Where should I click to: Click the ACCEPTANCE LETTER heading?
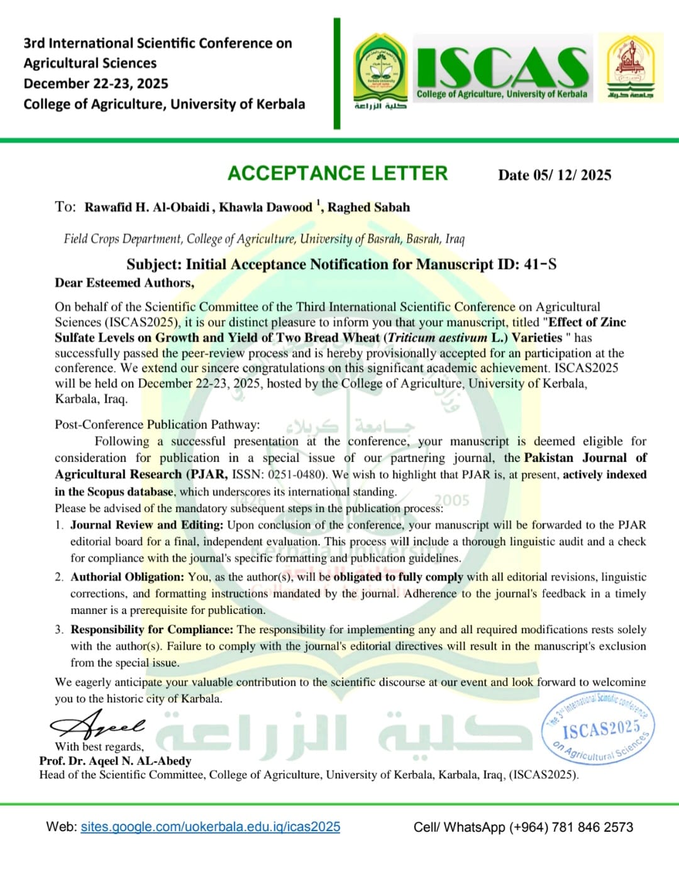click(338, 173)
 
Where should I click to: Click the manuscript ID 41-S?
click(540, 264)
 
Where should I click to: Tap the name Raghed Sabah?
click(368, 207)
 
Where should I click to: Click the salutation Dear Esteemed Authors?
click(124, 283)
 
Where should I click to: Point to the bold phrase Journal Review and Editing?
click(146, 525)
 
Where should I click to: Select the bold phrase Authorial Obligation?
click(127, 577)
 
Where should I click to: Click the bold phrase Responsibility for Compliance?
click(152, 629)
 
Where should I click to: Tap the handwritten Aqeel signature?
click(98, 726)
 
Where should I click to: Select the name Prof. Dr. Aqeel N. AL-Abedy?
click(115, 761)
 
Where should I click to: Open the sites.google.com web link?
click(210, 827)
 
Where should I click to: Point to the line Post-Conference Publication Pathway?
click(157, 424)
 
